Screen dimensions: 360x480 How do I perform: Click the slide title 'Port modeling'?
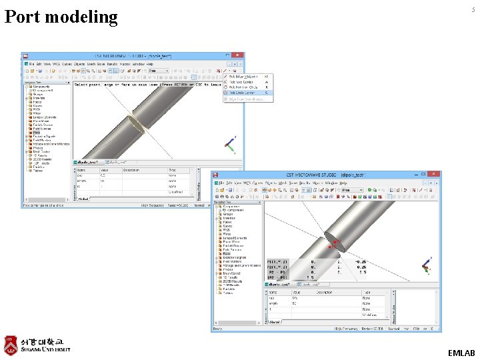61,17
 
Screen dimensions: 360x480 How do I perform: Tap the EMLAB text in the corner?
462,353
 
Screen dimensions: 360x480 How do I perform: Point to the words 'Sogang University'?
45,349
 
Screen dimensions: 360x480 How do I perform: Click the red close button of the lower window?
435,174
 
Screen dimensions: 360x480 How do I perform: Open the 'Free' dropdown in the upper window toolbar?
159,70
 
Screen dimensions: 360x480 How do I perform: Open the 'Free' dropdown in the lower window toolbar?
351,190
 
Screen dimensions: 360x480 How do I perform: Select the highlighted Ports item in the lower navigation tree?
227,254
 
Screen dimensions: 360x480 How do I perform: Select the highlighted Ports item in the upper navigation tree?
37,133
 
